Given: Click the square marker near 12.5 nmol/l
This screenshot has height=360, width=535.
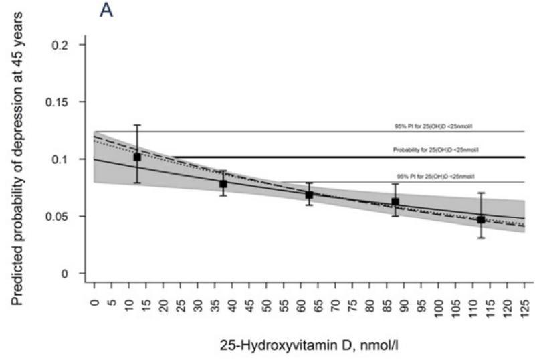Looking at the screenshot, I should pyautogui.click(x=137, y=157).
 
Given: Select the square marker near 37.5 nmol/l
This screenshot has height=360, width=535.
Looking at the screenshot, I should pyautogui.click(x=223, y=184).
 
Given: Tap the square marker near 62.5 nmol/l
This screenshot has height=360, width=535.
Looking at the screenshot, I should pyautogui.click(x=310, y=195).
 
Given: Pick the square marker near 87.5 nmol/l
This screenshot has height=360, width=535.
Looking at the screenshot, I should pyautogui.click(x=395, y=201).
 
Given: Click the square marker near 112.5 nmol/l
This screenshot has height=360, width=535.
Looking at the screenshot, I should pyautogui.click(x=481, y=219).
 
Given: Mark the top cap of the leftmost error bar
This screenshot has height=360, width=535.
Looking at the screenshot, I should pyautogui.click(x=137, y=125).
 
